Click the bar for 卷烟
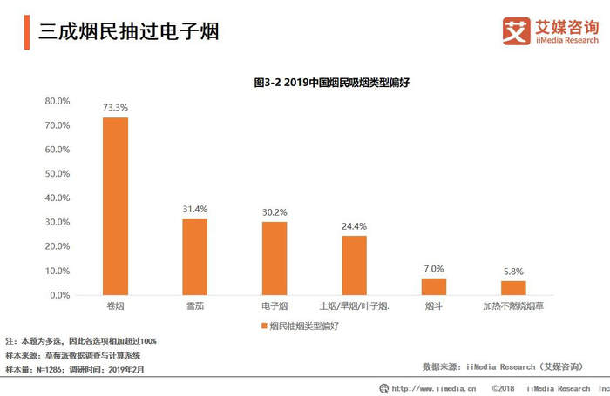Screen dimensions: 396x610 115,206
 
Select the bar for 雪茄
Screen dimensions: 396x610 194,257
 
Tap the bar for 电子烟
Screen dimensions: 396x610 274,258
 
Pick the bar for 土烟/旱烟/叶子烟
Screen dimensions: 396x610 354,265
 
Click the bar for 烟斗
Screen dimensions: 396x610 434,286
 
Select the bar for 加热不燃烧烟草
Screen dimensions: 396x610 513,288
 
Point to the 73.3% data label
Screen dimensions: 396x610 115,108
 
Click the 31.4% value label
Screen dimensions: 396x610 194,209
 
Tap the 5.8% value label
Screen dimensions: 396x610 513,272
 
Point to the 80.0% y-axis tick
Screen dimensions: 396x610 58,101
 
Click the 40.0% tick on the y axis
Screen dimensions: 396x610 58,198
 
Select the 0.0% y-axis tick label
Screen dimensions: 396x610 59,296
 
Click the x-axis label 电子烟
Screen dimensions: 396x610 274,307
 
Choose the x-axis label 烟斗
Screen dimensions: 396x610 434,307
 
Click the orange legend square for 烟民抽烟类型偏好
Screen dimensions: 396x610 262,326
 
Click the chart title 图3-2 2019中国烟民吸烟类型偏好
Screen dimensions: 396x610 331,83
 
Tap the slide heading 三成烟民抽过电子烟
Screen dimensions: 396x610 128,32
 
